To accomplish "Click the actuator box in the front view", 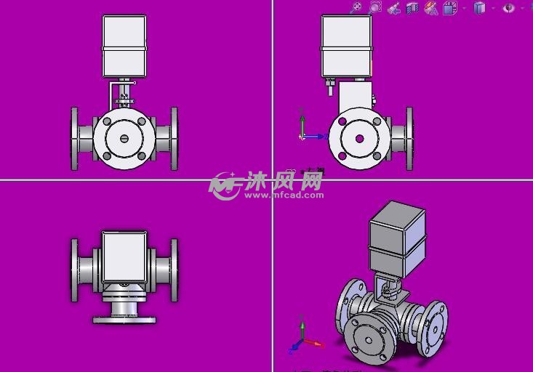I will [x=124, y=46].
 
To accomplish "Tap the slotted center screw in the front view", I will [x=124, y=139].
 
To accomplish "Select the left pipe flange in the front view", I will [x=75, y=139].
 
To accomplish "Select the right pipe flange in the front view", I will [x=174, y=139].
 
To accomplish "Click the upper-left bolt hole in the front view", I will [x=107, y=121].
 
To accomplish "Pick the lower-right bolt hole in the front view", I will [x=142, y=156].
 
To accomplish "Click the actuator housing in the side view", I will [x=347, y=46].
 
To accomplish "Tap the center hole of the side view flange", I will [x=359, y=138].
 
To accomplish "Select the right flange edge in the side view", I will [x=409, y=139].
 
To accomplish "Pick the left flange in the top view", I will [x=75, y=270].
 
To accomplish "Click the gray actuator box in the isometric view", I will [x=397, y=236].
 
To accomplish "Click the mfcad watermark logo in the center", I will [x=225, y=186].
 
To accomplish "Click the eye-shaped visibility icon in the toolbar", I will [x=508, y=8].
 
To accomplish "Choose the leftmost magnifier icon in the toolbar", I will [x=356, y=8].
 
